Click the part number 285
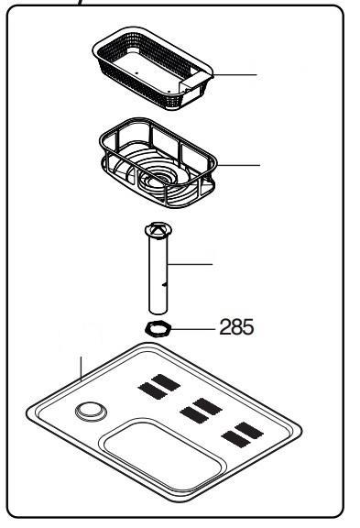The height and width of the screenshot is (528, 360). [x=236, y=327]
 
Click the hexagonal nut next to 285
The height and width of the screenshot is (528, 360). [x=158, y=329]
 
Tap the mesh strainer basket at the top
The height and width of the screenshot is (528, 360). [x=153, y=68]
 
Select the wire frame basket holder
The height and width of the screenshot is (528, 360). [x=158, y=162]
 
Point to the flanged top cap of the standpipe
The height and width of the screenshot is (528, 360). [x=158, y=230]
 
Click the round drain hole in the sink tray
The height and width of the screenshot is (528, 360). [x=91, y=412]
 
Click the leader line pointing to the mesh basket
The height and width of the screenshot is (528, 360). [x=235, y=75]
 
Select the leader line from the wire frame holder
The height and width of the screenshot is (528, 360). [x=239, y=165]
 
